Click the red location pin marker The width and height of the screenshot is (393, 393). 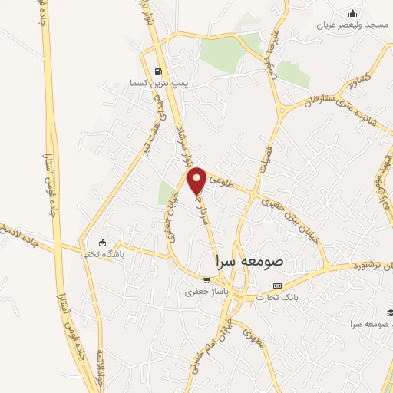[x=197, y=180]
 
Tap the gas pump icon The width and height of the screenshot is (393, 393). [x=158, y=69]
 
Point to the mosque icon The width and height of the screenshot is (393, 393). [x=352, y=13]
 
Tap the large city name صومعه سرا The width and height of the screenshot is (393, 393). [x=250, y=261]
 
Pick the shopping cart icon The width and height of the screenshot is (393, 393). [x=206, y=279]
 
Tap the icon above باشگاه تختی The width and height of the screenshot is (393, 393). [x=102, y=243]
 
